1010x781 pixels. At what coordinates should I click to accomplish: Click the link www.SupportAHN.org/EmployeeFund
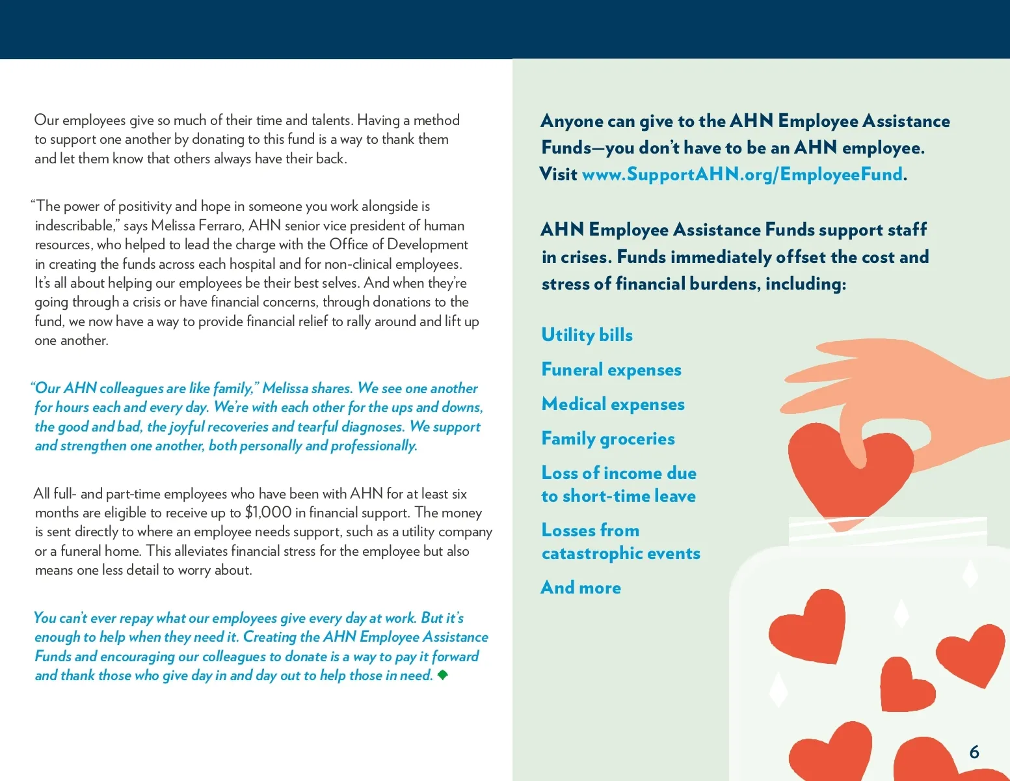(742, 174)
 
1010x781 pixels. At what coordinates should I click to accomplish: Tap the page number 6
(974, 752)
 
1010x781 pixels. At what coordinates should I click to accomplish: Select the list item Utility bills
(587, 335)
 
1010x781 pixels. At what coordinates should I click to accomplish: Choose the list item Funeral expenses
(611, 370)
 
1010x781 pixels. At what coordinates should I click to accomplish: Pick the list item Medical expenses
(613, 404)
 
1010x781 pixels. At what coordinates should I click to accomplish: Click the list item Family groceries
(608, 439)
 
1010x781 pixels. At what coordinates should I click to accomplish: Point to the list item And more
(581, 588)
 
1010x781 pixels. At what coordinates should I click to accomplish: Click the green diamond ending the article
(443, 675)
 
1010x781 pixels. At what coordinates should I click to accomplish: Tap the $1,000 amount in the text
(268, 513)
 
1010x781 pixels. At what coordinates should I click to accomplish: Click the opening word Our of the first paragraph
(46, 120)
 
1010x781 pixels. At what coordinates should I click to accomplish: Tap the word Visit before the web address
(559, 174)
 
